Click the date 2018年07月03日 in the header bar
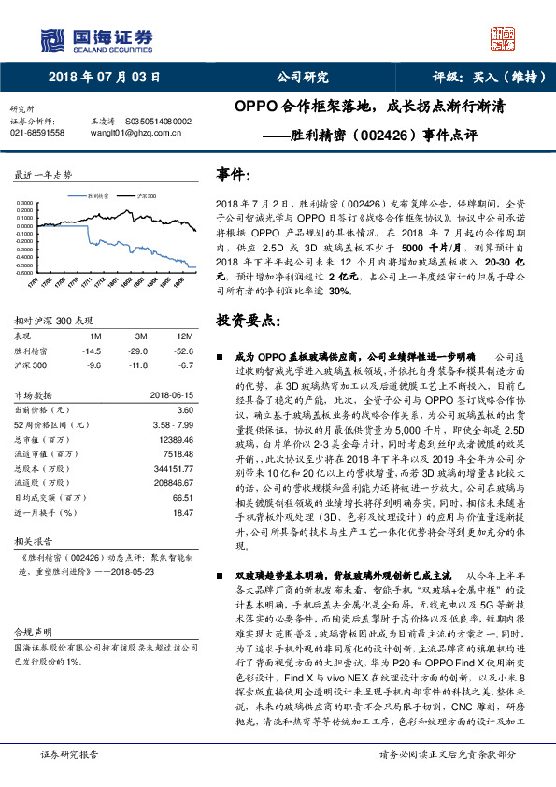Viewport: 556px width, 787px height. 104,78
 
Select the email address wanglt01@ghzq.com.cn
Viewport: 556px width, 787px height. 127,133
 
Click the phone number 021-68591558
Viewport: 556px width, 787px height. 37,133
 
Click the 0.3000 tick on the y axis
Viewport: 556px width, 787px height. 27,202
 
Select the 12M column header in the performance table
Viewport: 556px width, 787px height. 184,336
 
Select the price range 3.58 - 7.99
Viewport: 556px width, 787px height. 171,424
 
